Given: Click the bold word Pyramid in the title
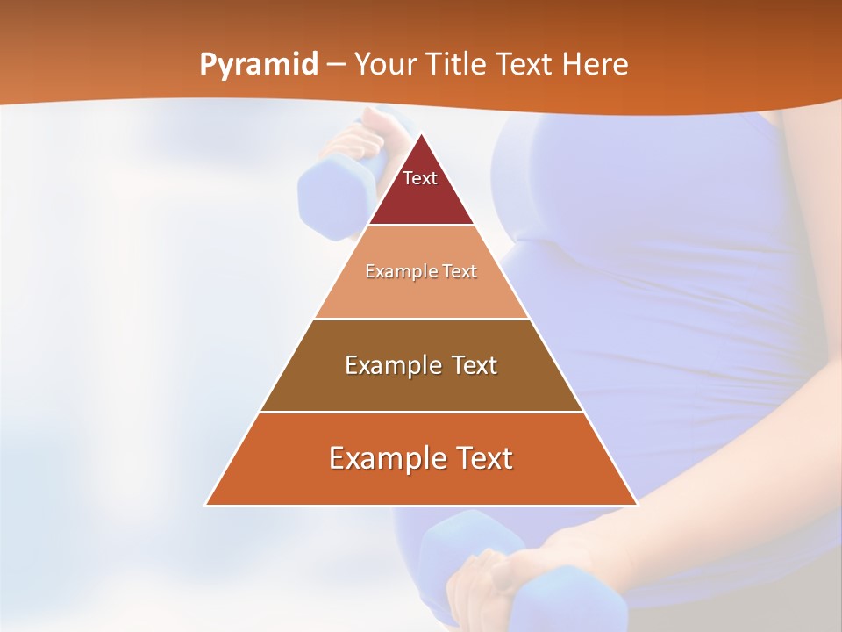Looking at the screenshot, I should click(258, 65).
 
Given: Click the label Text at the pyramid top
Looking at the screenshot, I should click(419, 178).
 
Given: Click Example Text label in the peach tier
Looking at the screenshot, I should click(421, 271).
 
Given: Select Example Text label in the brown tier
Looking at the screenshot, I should click(421, 365).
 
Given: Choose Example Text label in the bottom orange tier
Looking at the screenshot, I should click(421, 458).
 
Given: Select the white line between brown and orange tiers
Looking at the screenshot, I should click(421, 412).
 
